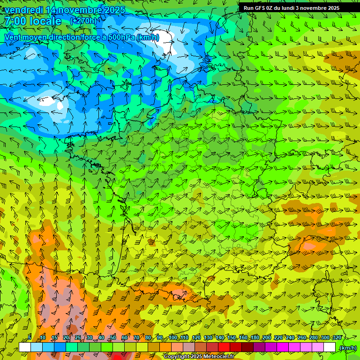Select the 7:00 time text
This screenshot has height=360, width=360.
coord(14,21)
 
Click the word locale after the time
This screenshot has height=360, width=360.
coord(45,21)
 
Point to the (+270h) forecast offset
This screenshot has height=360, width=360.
coord(83,21)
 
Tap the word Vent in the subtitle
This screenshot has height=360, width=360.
coord(13,37)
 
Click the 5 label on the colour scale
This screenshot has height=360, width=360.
coord(30,337)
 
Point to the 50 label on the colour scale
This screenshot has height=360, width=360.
coord(113,337)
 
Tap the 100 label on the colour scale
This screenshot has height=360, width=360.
coord(173,337)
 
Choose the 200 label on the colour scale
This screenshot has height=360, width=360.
coord(267,337)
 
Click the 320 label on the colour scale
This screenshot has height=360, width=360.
coord(336,337)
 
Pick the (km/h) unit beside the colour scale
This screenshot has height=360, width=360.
coord(348,348)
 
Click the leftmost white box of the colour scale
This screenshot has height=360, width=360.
coord(25,347)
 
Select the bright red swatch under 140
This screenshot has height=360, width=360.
coord(224,347)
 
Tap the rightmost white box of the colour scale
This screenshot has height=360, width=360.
coord(330,347)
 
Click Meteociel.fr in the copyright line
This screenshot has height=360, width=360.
coord(219,357)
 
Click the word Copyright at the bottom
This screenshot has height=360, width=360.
coord(177,357)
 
